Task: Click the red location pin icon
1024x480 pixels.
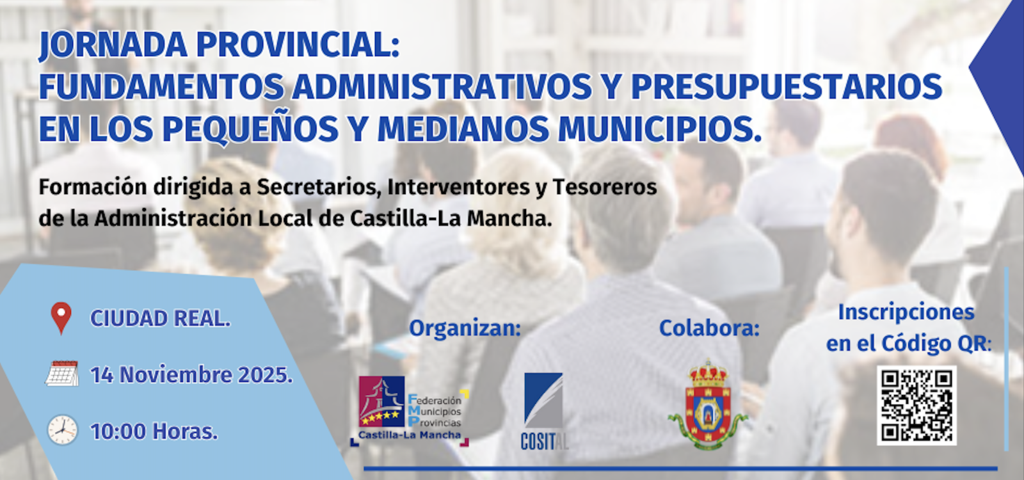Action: (61, 317)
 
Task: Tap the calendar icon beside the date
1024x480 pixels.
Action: (61, 374)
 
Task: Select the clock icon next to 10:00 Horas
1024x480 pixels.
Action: (63, 429)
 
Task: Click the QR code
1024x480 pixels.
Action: (916, 406)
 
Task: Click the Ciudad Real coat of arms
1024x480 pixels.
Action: (708, 404)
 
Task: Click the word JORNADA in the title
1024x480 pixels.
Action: (113, 45)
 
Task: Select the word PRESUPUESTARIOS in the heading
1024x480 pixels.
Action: (787, 86)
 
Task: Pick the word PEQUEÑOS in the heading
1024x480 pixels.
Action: (250, 129)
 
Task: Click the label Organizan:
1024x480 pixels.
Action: (465, 329)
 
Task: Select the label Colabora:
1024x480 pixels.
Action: (709, 328)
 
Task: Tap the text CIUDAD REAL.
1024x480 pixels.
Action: (161, 318)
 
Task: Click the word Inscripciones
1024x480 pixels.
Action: (906, 313)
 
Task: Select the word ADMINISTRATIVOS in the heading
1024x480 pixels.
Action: (442, 86)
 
